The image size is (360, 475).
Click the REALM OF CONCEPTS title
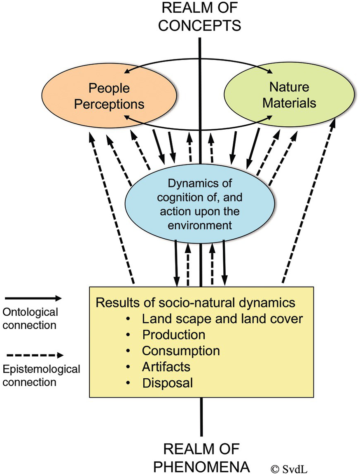[x=200, y=16]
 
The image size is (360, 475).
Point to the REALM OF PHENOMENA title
[x=201, y=457]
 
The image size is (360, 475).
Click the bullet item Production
[x=173, y=334]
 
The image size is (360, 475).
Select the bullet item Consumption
[x=181, y=351]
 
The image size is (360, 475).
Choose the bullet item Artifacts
[x=166, y=366]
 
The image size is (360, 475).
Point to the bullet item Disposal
[x=167, y=383]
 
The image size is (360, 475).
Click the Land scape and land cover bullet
[x=222, y=319]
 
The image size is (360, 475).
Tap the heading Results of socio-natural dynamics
[x=195, y=303]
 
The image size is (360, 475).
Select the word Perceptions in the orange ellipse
[x=109, y=104]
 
